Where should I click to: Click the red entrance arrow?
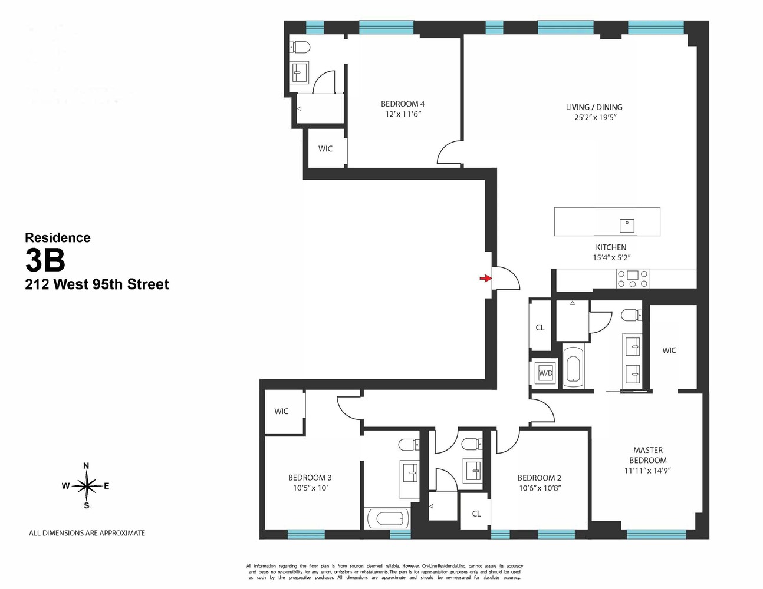(x=485, y=278)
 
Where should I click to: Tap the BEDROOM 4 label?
(x=403, y=104)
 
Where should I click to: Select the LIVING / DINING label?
(x=594, y=107)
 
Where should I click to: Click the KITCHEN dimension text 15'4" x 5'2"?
(x=611, y=257)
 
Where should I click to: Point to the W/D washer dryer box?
(x=545, y=373)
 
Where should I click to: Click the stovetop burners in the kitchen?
(x=633, y=279)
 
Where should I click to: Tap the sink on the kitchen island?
(x=627, y=225)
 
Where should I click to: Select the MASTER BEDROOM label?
(x=647, y=455)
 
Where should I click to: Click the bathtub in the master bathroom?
(x=573, y=366)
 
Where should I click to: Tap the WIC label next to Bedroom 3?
(x=281, y=411)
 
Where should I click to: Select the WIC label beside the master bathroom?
(x=669, y=350)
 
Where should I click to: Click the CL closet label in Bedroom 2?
(x=476, y=514)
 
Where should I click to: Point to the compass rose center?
(x=87, y=486)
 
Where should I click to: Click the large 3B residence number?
(x=45, y=260)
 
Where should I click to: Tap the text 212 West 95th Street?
(x=97, y=284)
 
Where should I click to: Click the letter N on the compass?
(x=87, y=466)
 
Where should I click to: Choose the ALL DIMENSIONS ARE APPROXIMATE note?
(x=87, y=533)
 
